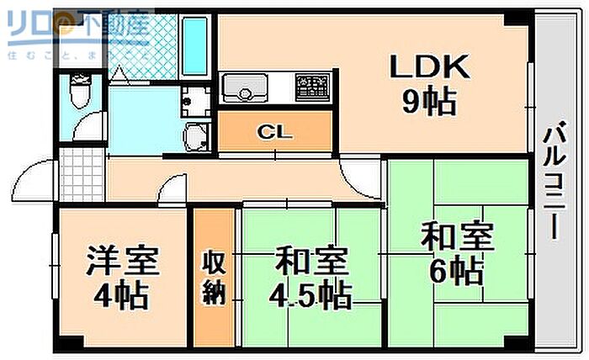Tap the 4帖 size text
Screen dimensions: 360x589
[x=121, y=295]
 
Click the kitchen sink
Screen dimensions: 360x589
[x=245, y=87]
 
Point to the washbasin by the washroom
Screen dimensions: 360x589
[x=197, y=135]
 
